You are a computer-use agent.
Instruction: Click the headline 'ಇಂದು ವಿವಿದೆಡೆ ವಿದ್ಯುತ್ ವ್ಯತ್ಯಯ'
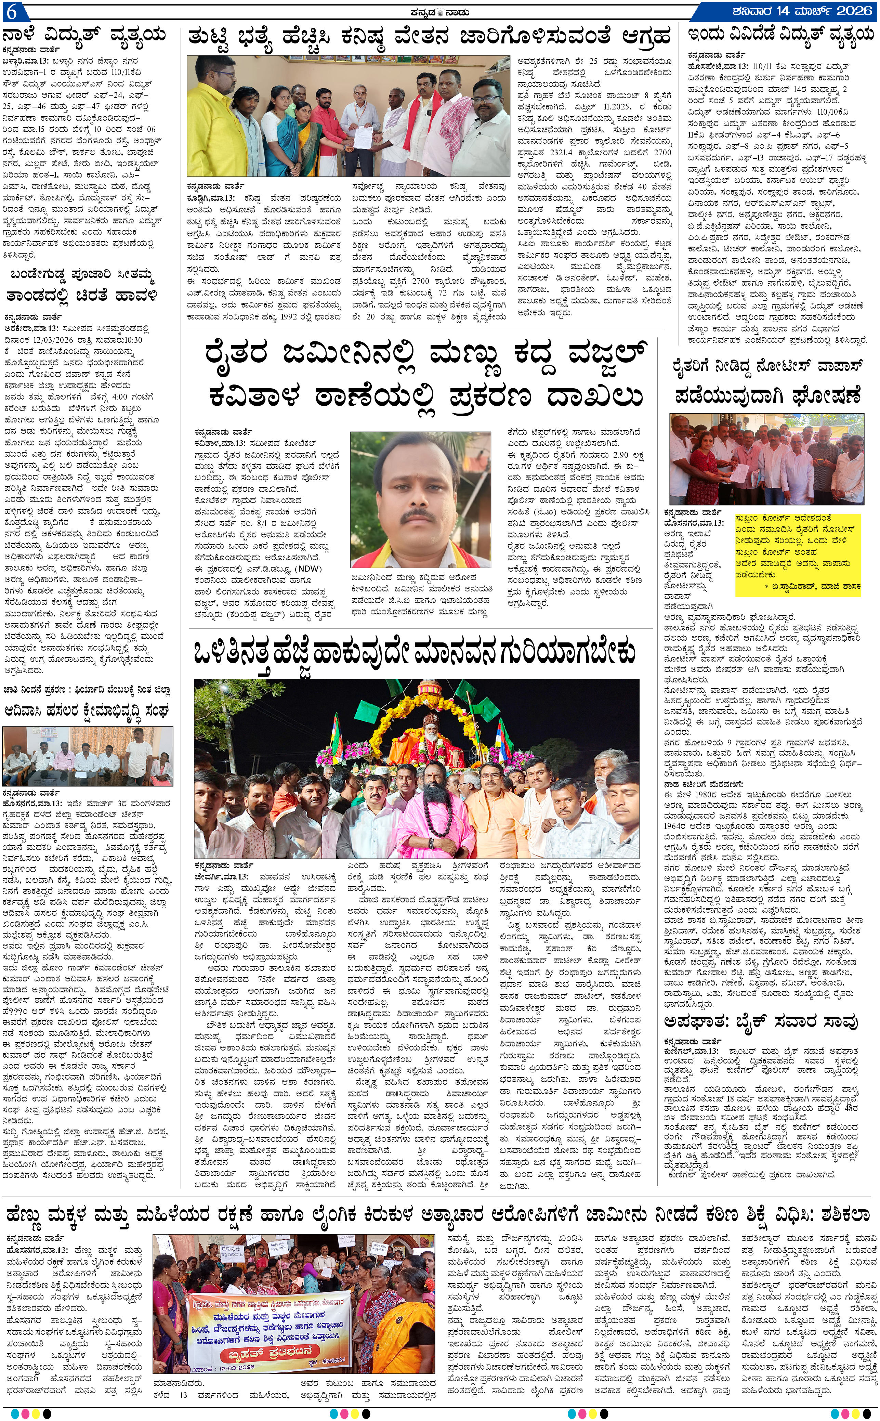pos(780,36)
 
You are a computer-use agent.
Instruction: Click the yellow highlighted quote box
pos(797,554)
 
